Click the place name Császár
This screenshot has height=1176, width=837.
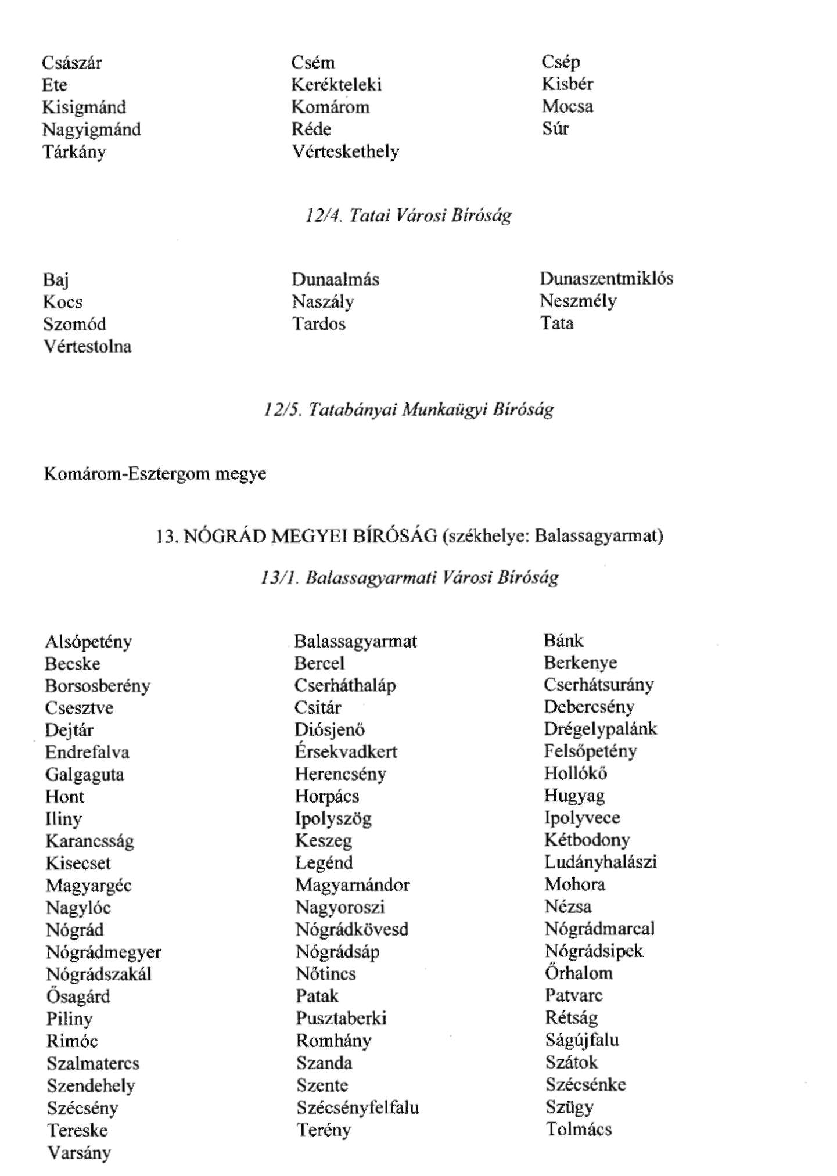72,63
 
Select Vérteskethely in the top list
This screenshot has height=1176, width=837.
345,152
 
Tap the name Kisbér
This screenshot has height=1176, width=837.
567,84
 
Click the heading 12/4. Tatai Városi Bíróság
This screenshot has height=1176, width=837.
408,215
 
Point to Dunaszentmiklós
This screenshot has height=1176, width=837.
606,279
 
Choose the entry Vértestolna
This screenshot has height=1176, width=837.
87,347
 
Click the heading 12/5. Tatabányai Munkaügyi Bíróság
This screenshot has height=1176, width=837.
408,410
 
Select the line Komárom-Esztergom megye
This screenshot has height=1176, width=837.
155,474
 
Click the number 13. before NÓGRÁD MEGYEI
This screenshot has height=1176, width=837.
166,535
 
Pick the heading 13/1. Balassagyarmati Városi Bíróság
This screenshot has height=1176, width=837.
409,578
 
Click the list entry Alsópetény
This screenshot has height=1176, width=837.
88,642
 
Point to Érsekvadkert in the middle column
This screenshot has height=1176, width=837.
346,752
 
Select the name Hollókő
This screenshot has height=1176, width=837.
575,774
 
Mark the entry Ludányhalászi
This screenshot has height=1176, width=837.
600,862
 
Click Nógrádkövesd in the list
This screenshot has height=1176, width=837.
351,929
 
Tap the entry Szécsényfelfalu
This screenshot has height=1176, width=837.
357,1107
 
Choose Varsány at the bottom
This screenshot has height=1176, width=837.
78,1153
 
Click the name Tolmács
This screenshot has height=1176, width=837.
579,1130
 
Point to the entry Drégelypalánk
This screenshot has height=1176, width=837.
600,729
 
